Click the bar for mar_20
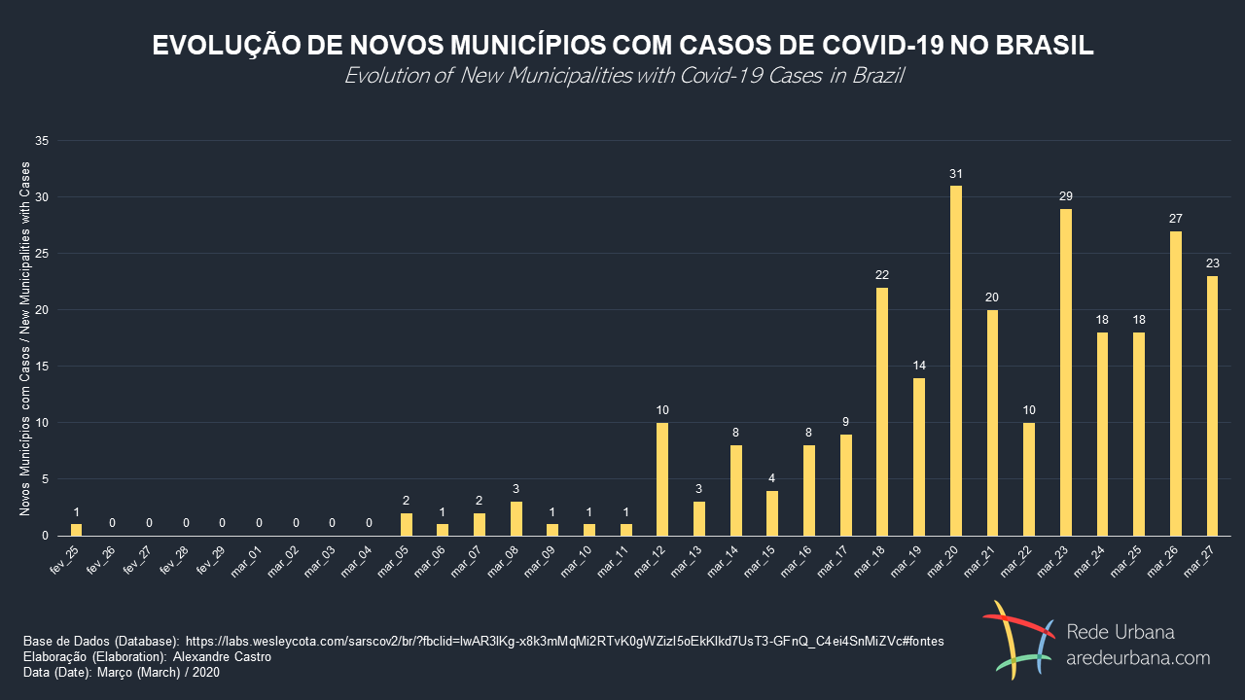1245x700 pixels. point(956,361)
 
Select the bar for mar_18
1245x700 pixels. point(882,411)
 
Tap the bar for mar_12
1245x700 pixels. point(662,479)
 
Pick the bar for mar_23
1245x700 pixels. point(1066,372)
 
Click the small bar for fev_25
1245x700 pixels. point(76,530)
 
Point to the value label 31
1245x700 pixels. point(956,173)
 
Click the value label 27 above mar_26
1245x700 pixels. point(1176,219)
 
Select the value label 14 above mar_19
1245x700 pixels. point(919,366)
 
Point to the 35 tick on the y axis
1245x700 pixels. point(41,141)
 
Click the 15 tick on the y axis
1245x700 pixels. point(41,367)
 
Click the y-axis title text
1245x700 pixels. point(25,338)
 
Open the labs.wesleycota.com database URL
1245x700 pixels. point(564,642)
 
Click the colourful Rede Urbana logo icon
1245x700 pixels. point(1018,640)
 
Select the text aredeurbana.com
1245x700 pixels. point(1138,658)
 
